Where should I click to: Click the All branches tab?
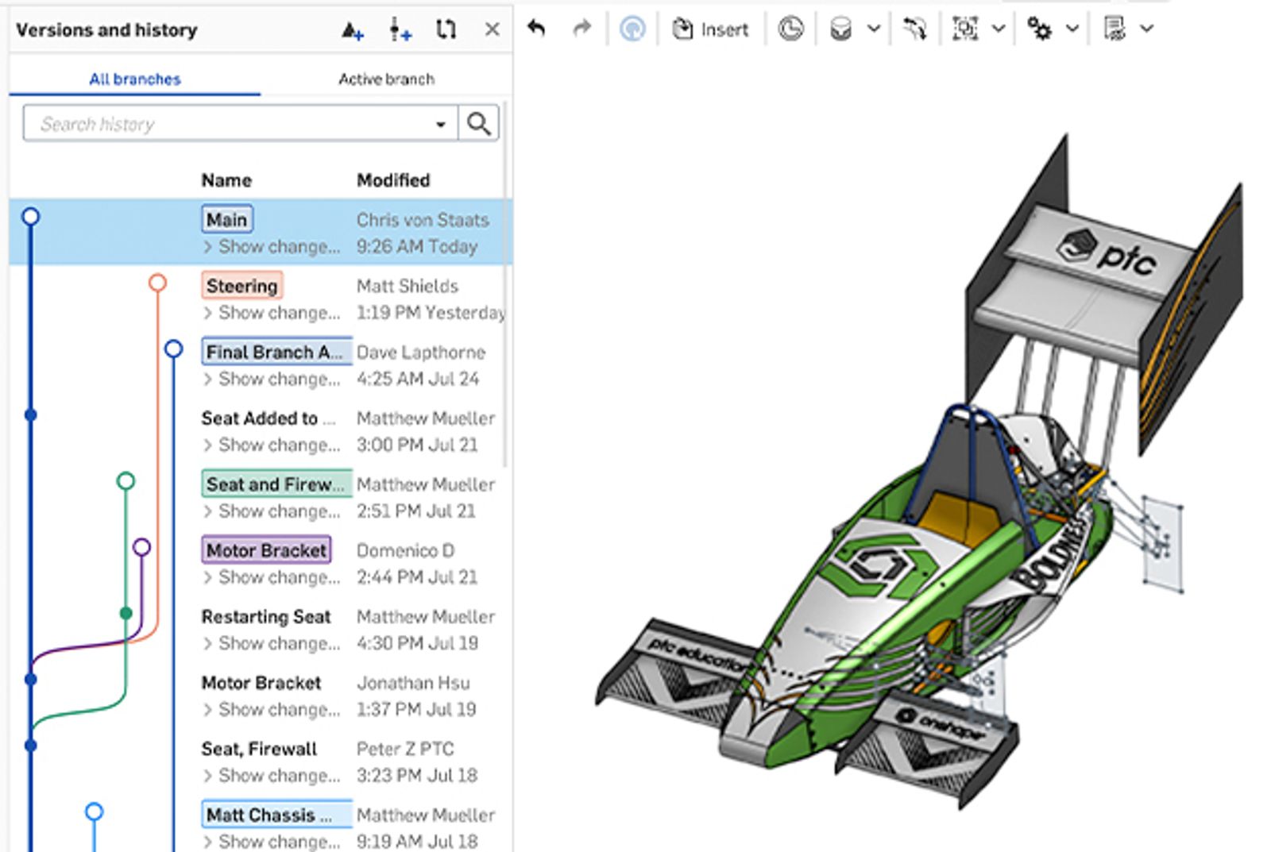click(134, 79)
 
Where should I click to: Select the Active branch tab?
click(386, 79)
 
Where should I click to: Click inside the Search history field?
click(230, 124)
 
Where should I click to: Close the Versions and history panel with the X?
click(492, 29)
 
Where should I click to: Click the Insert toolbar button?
click(710, 29)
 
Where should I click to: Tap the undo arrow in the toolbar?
click(537, 29)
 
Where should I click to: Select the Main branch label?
click(226, 219)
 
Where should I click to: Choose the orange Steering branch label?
click(241, 285)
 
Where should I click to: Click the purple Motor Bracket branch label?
click(266, 549)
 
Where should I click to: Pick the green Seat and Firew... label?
click(275, 484)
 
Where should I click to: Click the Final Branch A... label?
click(275, 351)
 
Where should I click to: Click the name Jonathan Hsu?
click(412, 682)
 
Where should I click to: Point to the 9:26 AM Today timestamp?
click(416, 246)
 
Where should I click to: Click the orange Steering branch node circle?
click(157, 283)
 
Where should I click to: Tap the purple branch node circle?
click(141, 546)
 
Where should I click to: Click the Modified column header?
click(392, 180)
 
